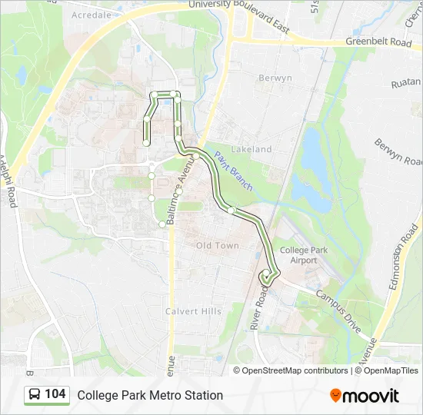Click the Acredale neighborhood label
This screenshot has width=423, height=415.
pos(92,15)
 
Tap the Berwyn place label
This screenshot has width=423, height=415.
pos(275,78)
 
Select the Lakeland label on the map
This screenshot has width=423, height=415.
pos(251,149)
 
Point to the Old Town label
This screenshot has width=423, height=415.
pos(218,246)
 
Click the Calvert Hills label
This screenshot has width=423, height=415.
pos(193,311)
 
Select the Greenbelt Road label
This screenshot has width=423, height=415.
pos(378,42)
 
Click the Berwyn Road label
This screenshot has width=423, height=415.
pos(398,151)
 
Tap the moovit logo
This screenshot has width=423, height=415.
pos(364,396)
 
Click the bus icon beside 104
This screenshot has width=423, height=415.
pos(35,395)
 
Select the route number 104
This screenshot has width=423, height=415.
pos(55,394)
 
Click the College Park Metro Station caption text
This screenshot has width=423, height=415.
pos(150,395)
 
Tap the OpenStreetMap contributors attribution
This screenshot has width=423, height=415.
pos(295,370)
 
